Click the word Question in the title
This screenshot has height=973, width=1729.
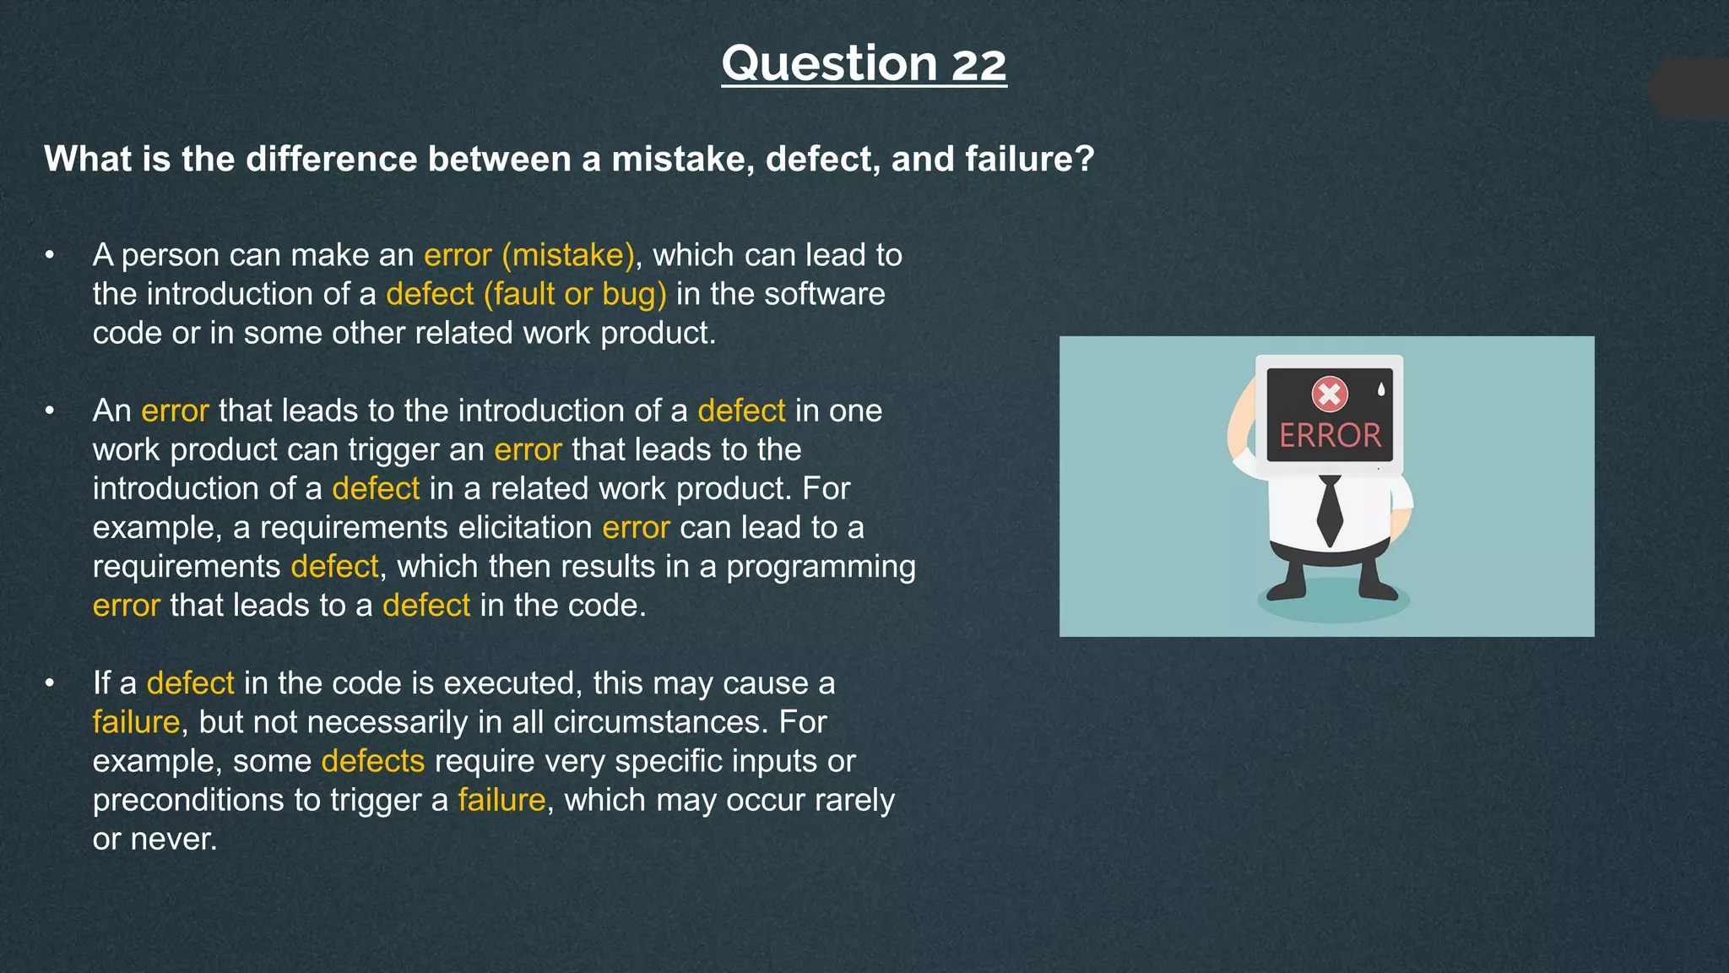(x=829, y=65)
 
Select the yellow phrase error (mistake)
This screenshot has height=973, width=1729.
(x=528, y=255)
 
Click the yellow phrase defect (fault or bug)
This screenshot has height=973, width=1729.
(x=526, y=294)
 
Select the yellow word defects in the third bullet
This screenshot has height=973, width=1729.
(x=372, y=761)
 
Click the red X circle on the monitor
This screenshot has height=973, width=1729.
(x=1330, y=394)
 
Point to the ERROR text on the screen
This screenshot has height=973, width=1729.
(x=1330, y=436)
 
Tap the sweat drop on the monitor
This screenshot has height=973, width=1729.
(x=1381, y=389)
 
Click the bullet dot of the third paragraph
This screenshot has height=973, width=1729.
(x=51, y=682)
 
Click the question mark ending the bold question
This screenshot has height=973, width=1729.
(x=1086, y=160)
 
